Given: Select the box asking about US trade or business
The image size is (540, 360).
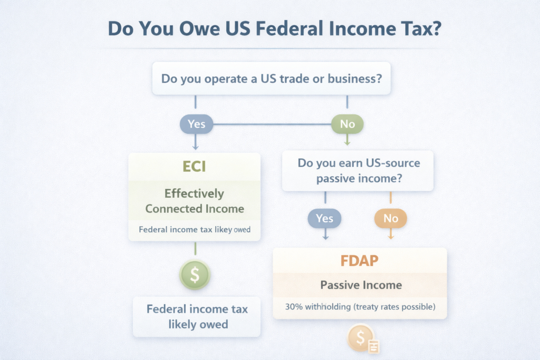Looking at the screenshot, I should pyautogui.click(x=271, y=80).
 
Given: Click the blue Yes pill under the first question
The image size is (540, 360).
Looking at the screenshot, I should pyautogui.click(x=196, y=125).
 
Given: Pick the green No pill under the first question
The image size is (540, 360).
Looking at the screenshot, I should pyautogui.click(x=347, y=125).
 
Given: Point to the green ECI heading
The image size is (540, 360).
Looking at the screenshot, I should pyautogui.click(x=194, y=167).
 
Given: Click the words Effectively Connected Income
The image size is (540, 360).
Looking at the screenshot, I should pyautogui.click(x=195, y=201).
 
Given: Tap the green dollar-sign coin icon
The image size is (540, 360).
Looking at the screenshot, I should pyautogui.click(x=195, y=274).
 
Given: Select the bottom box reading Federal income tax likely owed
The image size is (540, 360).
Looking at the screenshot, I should pyautogui.click(x=197, y=316).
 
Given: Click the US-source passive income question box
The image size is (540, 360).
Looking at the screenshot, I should pyautogui.click(x=358, y=171).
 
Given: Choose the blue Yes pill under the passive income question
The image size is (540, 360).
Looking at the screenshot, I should pyautogui.click(x=325, y=218).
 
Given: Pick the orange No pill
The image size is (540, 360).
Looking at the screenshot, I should pyautogui.click(x=391, y=218).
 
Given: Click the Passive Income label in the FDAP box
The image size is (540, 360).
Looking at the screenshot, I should pyautogui.click(x=361, y=285).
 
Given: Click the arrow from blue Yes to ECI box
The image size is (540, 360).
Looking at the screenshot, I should pyautogui.click(x=196, y=141).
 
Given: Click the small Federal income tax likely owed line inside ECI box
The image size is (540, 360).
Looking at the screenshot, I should pyautogui.click(x=194, y=230).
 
